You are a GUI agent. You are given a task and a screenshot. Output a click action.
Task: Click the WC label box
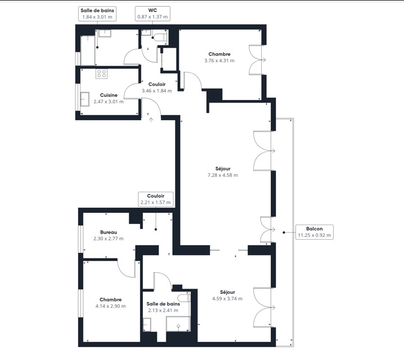[152, 13]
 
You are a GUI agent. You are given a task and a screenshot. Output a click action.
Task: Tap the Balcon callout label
[314, 232]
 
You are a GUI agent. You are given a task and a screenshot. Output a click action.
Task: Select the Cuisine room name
[109, 95]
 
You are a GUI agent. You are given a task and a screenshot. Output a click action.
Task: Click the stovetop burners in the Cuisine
[102, 74]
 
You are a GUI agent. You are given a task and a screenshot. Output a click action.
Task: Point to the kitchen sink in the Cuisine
[84, 99]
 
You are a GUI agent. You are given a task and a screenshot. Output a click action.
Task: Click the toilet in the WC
[161, 37]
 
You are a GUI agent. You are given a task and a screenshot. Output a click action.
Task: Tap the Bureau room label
[108, 233]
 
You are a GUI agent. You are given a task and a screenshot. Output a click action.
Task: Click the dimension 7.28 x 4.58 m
[223, 175]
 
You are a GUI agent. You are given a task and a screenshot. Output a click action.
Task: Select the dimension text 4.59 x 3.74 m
[227, 299]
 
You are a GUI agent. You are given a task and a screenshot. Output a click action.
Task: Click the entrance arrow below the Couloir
[151, 120]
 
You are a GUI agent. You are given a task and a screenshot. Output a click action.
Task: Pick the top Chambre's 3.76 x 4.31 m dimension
[220, 61]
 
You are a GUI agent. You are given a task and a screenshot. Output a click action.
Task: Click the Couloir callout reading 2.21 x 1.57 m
[156, 199]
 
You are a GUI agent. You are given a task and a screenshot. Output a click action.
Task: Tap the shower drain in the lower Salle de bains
[178, 326]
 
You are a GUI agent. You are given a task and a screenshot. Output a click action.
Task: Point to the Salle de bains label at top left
[97, 13]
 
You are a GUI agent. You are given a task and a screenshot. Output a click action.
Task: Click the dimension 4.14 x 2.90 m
[111, 306]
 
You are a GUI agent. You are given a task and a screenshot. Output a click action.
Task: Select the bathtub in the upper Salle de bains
[88, 50]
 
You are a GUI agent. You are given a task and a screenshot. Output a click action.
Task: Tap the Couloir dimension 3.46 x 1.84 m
[157, 91]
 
